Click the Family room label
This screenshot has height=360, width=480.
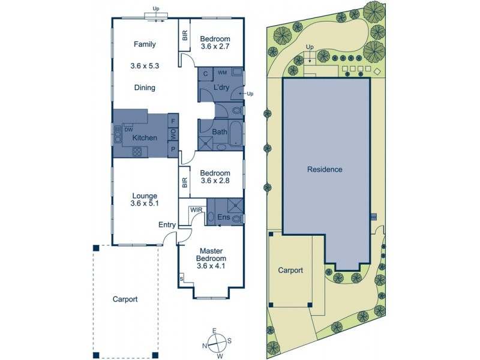tap(145, 44)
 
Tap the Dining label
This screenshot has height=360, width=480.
tap(145, 88)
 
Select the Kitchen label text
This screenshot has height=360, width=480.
tap(145, 138)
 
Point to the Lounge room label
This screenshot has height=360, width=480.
tap(145, 196)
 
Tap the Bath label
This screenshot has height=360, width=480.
tap(219, 131)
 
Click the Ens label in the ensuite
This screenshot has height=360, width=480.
tap(223, 217)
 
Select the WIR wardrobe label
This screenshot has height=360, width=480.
tap(196, 210)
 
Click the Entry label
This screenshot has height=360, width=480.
tap(167, 225)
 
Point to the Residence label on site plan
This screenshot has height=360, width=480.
tap(325, 169)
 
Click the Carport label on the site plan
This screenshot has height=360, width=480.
tap(290, 271)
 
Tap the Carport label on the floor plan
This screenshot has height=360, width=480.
tap(125, 299)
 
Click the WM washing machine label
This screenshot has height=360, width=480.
tap(222, 72)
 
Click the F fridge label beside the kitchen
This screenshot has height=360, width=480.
tap(173, 119)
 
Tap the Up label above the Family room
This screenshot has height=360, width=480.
tap(156, 9)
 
